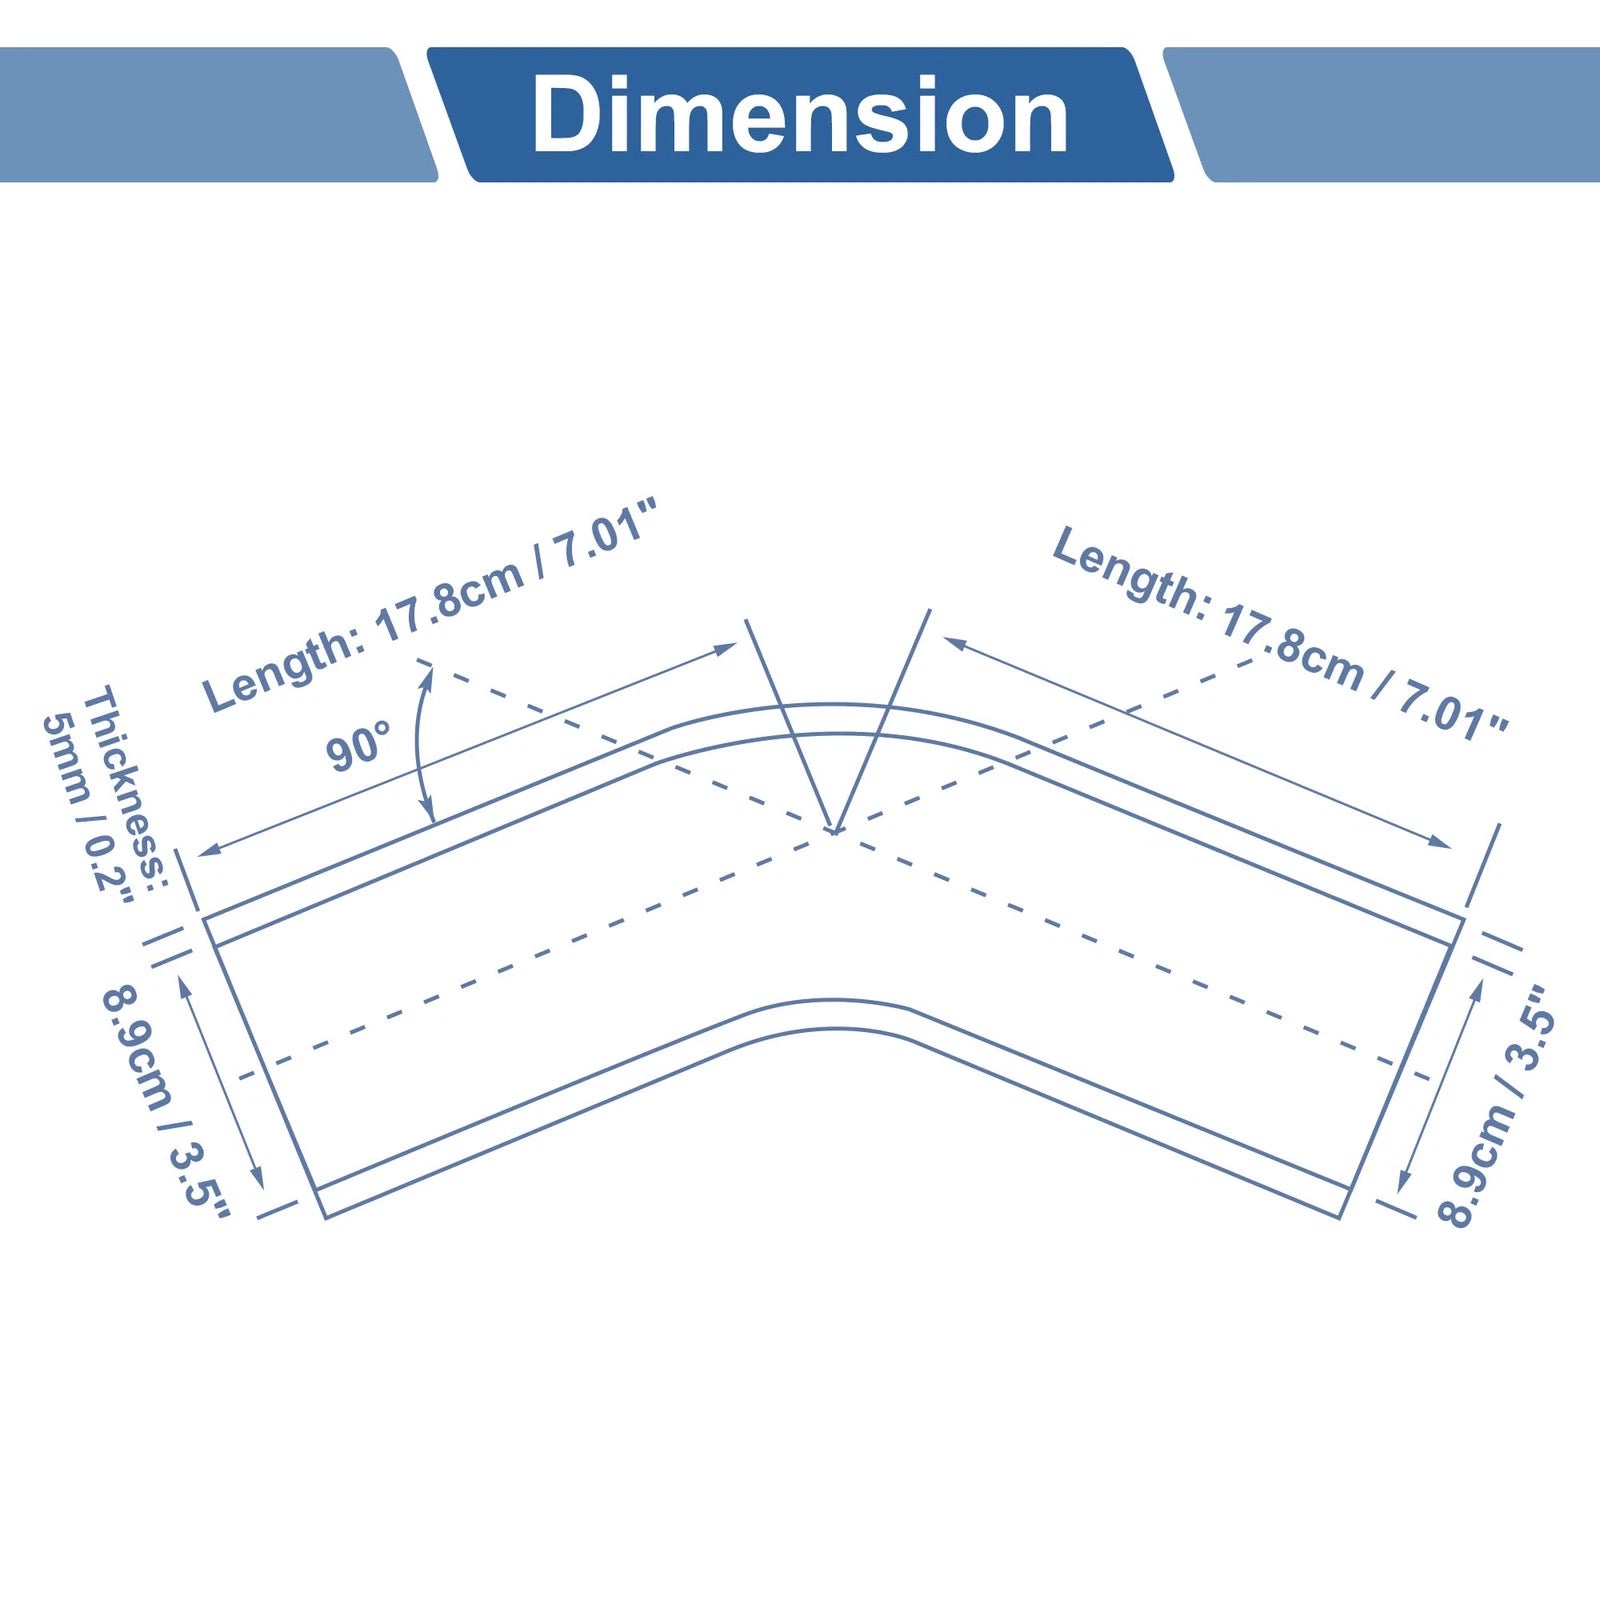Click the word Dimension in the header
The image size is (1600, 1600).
(x=800, y=115)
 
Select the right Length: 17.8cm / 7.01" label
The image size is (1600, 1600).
(x=1280, y=632)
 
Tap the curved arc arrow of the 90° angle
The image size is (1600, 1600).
(x=419, y=745)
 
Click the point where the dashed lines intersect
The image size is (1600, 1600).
(x=834, y=830)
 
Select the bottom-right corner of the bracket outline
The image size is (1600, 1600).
(x=1339, y=1218)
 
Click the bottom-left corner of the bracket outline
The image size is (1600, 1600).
(x=326, y=1217)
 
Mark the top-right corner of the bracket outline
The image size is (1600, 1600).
(x=1464, y=918)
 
